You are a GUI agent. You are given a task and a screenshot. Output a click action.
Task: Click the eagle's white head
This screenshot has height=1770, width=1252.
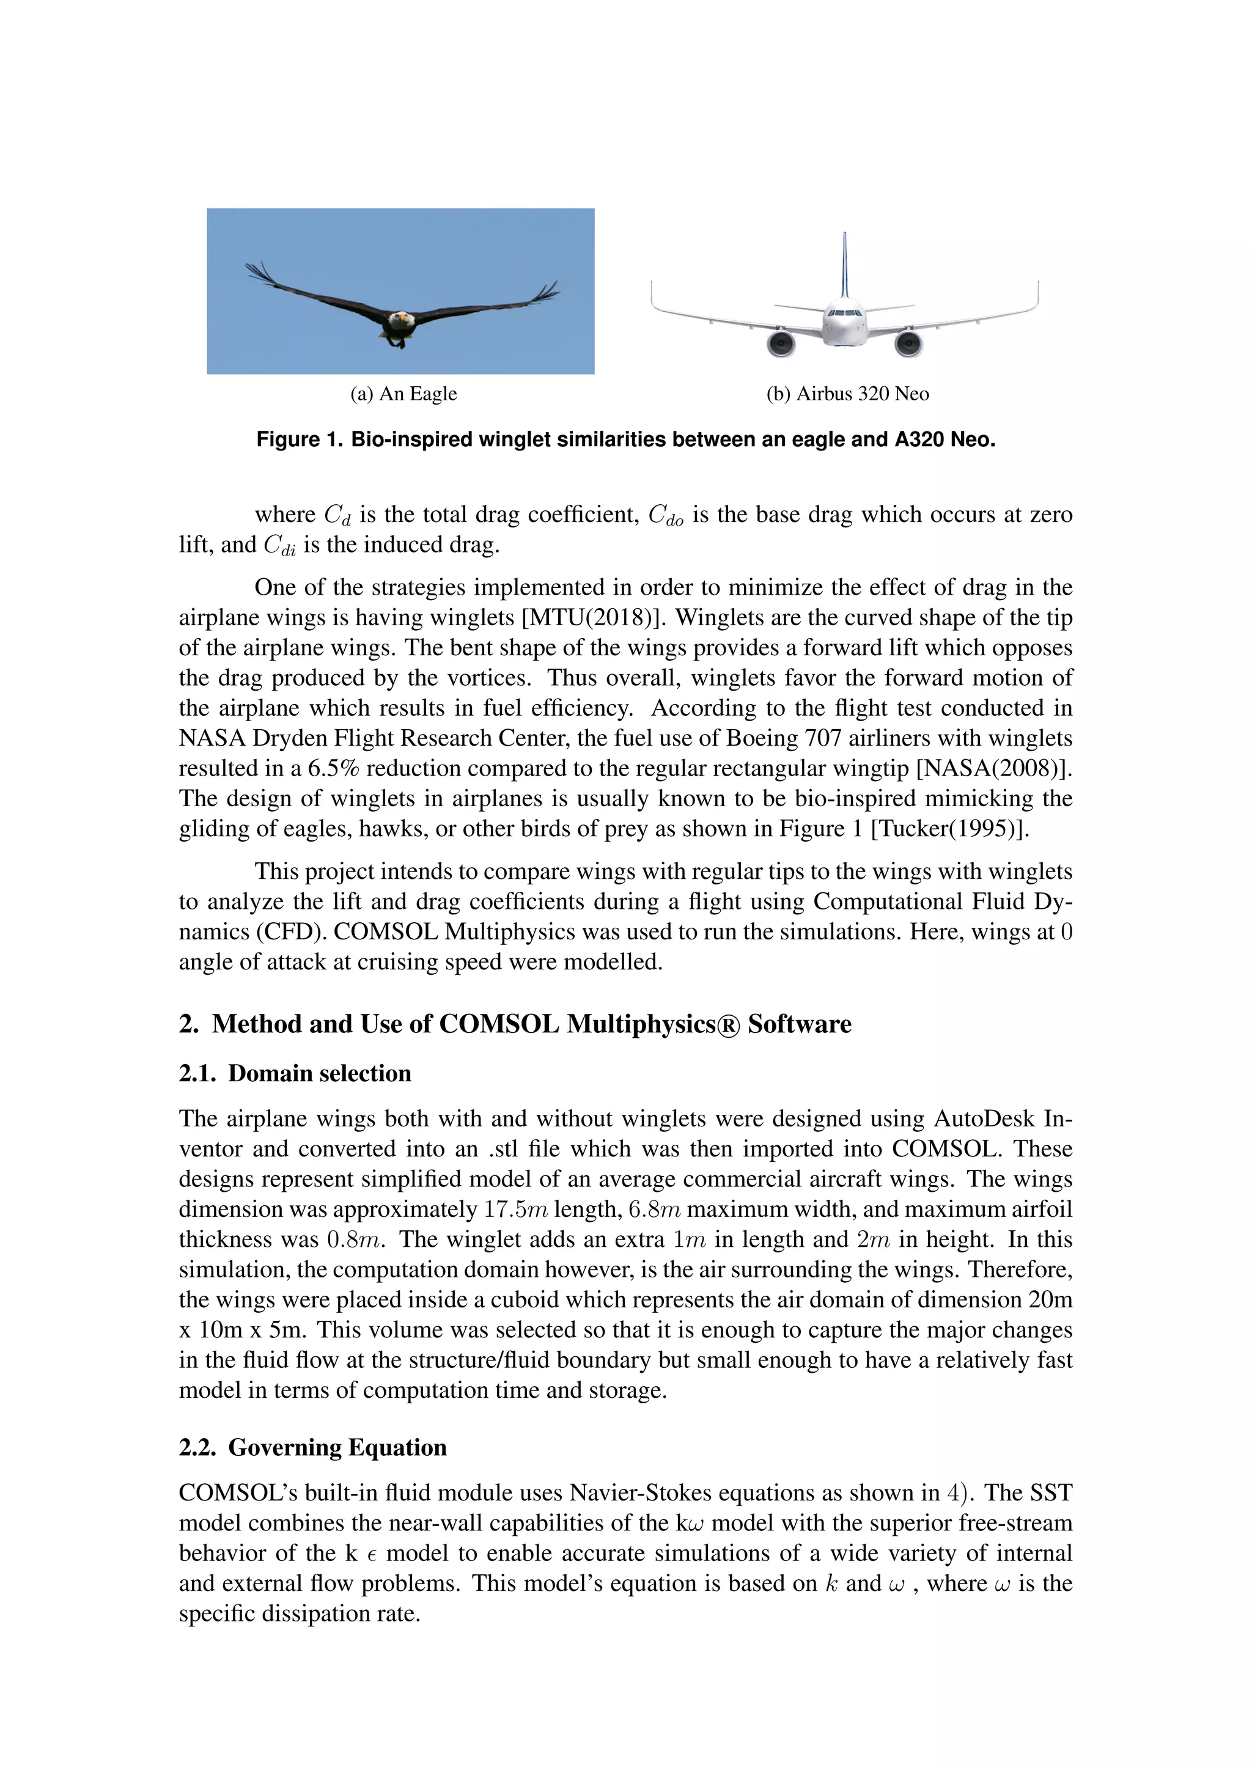pos(400,318)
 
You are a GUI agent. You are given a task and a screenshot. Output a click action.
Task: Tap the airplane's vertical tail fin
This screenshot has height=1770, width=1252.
pos(845,266)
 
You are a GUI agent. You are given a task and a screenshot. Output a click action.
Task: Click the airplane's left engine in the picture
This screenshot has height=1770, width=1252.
pos(781,342)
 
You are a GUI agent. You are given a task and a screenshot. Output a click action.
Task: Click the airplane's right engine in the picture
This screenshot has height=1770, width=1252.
pos(908,342)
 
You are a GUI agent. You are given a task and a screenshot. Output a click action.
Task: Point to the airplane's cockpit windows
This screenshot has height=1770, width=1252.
pos(844,313)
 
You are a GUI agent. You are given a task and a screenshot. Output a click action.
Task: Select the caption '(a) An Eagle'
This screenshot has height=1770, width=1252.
pos(403,394)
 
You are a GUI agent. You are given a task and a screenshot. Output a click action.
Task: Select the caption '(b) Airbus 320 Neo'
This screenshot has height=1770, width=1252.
pos(847,394)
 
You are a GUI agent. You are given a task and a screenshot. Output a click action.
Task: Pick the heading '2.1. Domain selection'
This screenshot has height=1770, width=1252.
pos(295,1073)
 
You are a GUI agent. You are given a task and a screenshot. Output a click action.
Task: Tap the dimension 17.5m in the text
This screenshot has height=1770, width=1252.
pos(515,1210)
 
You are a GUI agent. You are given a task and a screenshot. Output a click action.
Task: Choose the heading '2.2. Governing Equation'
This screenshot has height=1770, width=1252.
pos(312,1447)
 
